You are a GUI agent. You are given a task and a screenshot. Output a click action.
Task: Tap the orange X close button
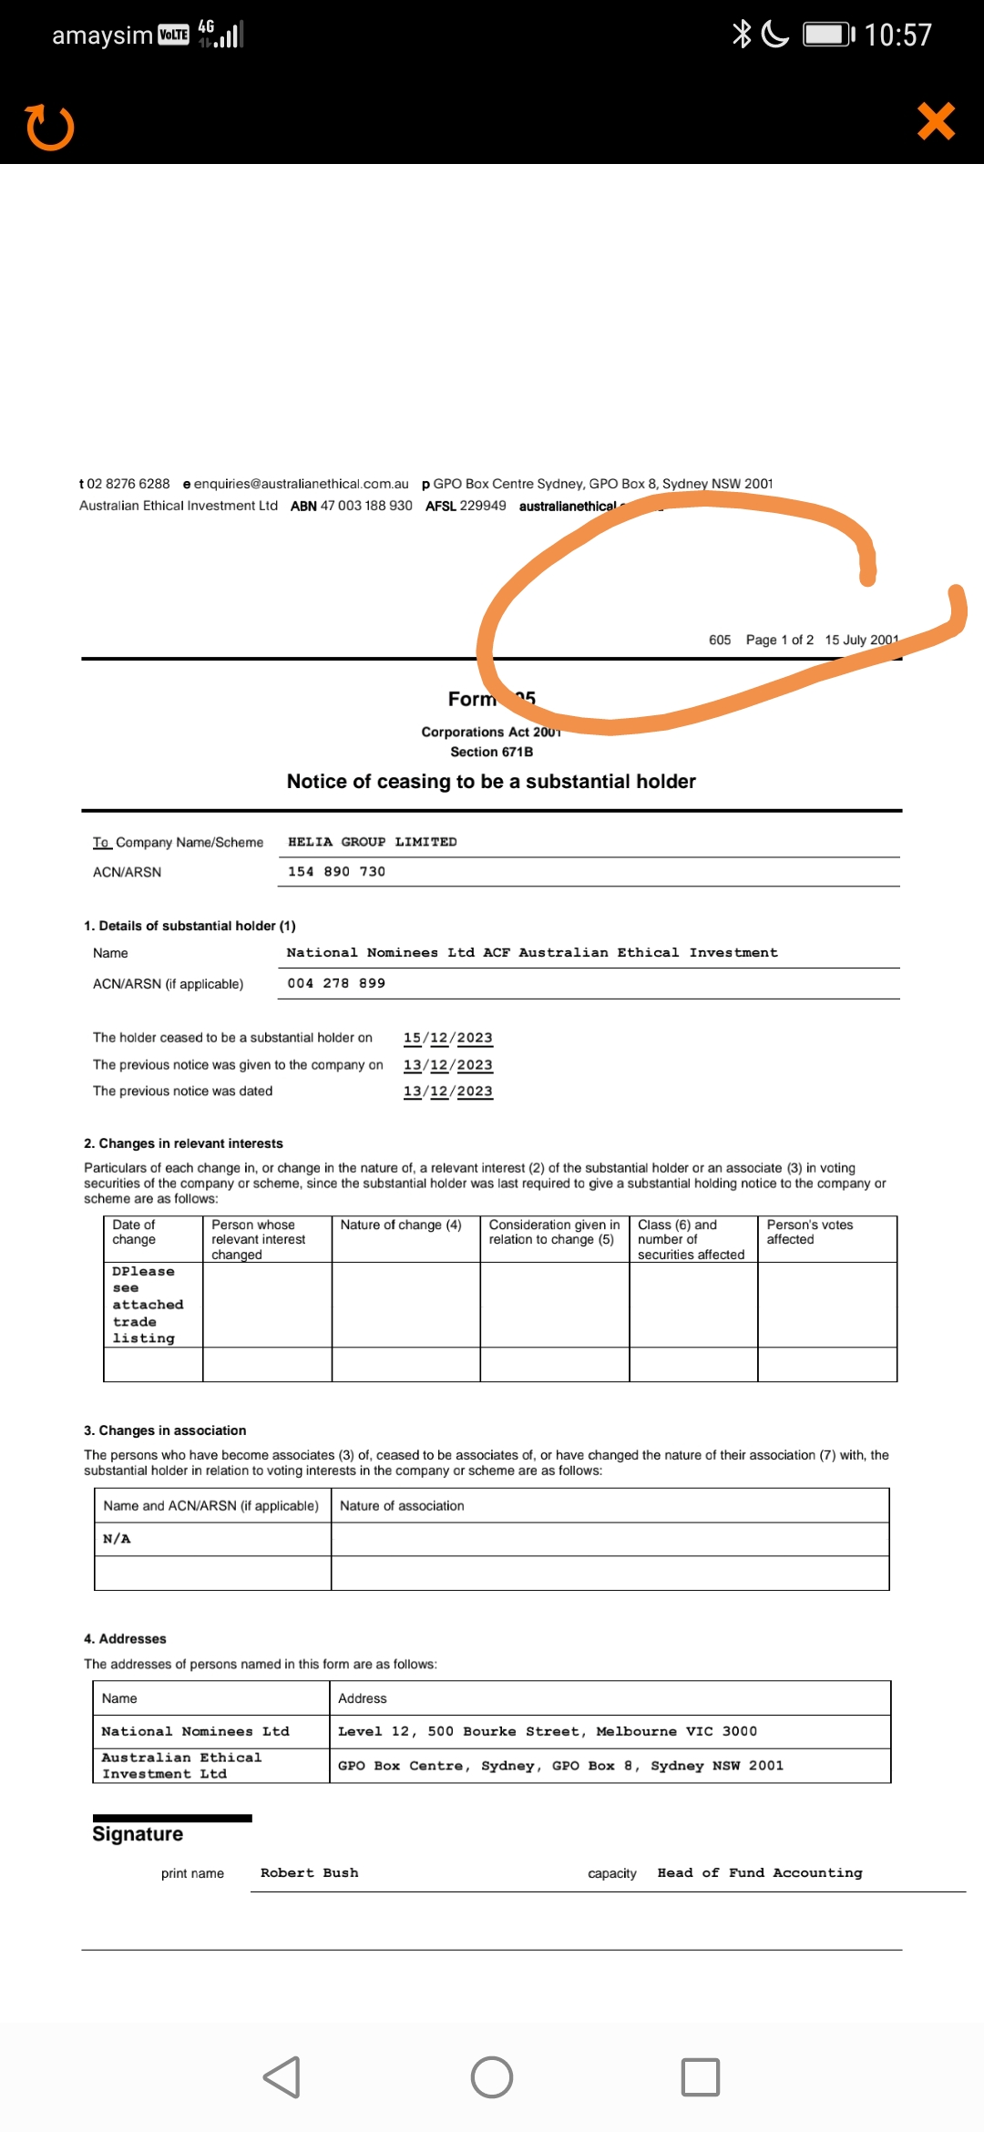(x=936, y=121)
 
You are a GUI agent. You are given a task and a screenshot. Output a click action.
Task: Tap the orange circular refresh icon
(x=50, y=128)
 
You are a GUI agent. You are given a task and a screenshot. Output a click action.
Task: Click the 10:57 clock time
(x=897, y=36)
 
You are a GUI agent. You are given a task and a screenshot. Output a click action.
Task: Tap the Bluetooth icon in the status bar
(x=742, y=35)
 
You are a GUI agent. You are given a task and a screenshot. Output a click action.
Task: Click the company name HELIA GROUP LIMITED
(x=372, y=842)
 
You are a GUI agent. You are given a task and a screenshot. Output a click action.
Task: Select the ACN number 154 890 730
(x=336, y=872)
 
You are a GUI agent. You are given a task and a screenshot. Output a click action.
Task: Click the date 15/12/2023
(x=447, y=1038)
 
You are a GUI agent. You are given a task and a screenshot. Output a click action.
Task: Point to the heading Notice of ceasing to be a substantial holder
(x=491, y=782)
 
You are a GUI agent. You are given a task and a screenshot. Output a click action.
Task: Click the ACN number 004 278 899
(x=336, y=984)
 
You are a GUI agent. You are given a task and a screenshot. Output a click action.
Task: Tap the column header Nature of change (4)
(x=401, y=1225)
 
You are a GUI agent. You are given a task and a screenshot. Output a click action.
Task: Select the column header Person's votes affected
(x=810, y=1232)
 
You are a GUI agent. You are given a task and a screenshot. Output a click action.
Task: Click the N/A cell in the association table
(x=117, y=1539)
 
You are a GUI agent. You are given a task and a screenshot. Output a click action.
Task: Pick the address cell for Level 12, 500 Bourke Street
(x=547, y=1731)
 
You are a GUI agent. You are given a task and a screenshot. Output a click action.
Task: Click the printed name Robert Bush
(x=309, y=1873)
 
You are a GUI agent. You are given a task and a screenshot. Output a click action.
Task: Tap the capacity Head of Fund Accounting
(x=759, y=1873)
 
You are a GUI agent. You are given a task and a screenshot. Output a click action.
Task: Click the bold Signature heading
(x=138, y=1834)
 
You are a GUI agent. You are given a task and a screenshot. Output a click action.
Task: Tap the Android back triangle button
(x=282, y=2077)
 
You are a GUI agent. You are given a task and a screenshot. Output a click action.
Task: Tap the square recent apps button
(x=700, y=2077)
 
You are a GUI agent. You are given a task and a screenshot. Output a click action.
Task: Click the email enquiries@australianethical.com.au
(x=301, y=484)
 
